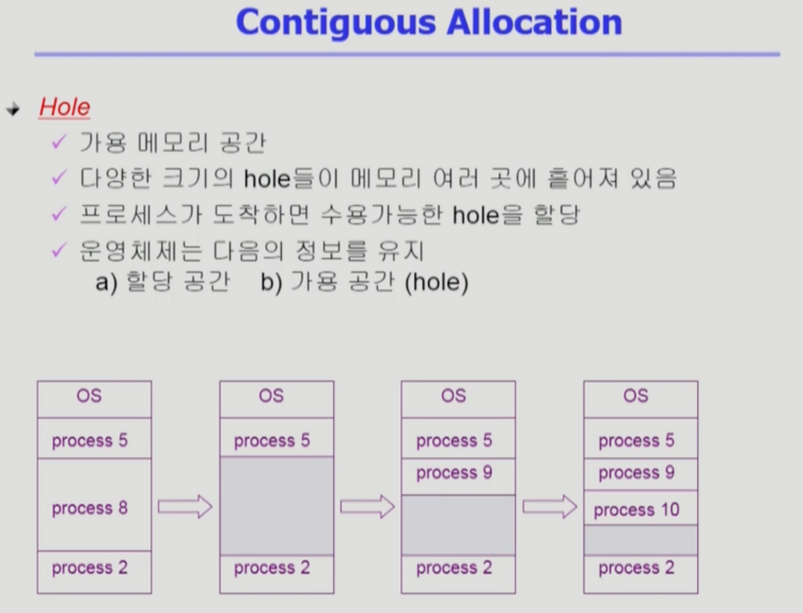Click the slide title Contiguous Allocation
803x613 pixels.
pos(428,23)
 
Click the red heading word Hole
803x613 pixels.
pos(65,107)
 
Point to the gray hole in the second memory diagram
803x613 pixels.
pos(277,506)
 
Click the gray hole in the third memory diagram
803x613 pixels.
pos(458,525)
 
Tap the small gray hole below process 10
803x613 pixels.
pos(640,540)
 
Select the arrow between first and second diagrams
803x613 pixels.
pos(185,506)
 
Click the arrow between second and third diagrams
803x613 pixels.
pos(368,506)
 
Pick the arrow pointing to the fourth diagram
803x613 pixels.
pos(550,506)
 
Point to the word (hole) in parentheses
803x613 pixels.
pos(437,282)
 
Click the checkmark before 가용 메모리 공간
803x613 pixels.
pos(58,142)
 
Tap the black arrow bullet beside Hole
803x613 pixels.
pos(13,110)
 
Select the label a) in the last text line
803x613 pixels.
pos(106,283)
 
